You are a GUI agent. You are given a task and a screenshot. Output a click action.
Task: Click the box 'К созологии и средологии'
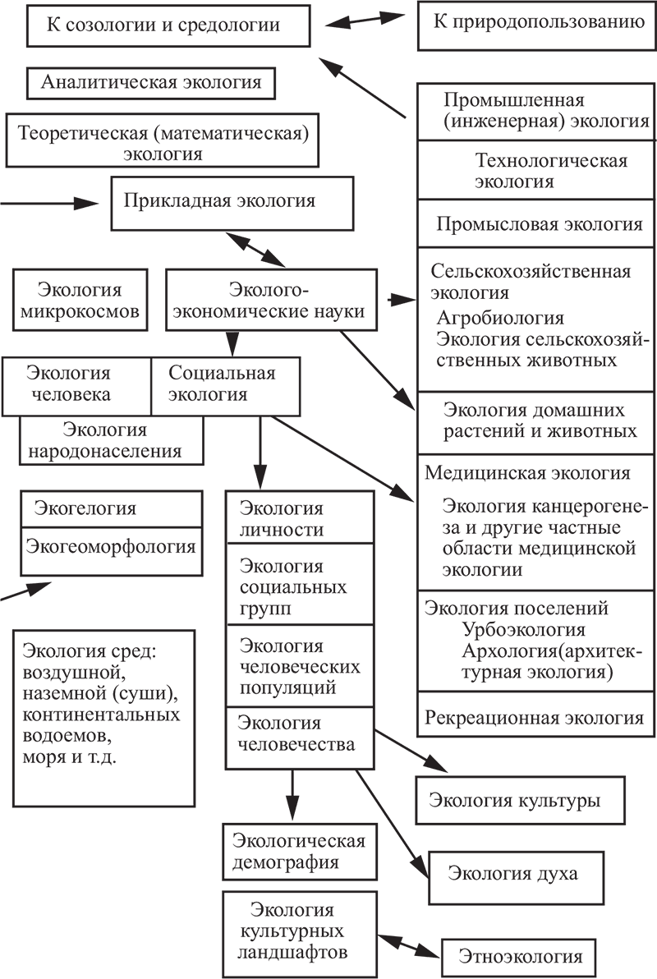point(168,25)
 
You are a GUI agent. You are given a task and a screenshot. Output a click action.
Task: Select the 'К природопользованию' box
point(537,25)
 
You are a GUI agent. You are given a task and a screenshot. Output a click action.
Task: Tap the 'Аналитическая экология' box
point(150,83)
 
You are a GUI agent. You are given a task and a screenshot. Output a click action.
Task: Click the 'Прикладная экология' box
point(232,204)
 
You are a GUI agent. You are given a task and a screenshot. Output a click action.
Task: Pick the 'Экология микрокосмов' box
point(80,300)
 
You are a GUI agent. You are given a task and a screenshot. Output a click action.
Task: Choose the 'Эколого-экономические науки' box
point(271,300)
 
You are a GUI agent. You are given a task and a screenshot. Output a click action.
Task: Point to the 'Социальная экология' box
point(226,387)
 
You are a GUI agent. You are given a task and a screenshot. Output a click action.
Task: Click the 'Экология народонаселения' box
point(112,441)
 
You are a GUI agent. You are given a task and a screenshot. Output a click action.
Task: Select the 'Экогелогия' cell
point(112,509)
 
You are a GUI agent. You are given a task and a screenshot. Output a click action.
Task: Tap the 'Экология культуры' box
point(520,801)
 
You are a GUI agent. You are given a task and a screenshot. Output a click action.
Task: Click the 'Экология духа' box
point(516,877)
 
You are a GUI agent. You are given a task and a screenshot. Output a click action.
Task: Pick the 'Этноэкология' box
point(518,958)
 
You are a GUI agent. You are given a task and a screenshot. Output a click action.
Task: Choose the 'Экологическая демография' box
point(300,852)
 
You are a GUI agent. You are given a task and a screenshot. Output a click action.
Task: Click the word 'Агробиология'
point(499,318)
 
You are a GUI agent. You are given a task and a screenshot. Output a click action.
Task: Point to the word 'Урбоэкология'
point(523,629)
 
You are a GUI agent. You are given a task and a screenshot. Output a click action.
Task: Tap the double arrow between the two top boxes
point(365,20)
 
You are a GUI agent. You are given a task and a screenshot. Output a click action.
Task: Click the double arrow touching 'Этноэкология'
point(409,946)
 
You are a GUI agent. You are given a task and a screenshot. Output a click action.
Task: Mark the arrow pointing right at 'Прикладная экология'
point(49,204)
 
